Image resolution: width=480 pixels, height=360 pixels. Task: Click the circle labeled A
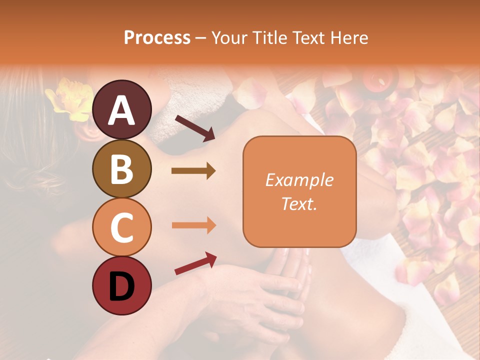click(x=121, y=110)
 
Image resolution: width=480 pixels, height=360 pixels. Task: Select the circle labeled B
click(x=121, y=168)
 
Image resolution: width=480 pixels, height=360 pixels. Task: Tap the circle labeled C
click(x=121, y=227)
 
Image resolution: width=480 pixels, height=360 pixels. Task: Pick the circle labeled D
click(x=121, y=285)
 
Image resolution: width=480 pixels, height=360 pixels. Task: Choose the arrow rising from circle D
click(x=195, y=263)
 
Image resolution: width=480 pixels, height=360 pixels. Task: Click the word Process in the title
click(x=157, y=38)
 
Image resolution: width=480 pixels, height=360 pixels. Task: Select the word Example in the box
click(x=299, y=180)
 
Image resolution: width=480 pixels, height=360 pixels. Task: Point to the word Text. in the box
click(x=299, y=203)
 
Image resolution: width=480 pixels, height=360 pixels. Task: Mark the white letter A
click(x=121, y=110)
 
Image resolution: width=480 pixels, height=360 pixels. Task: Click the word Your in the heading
click(x=228, y=38)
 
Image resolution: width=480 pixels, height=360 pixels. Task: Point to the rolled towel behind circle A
click(x=165, y=120)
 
